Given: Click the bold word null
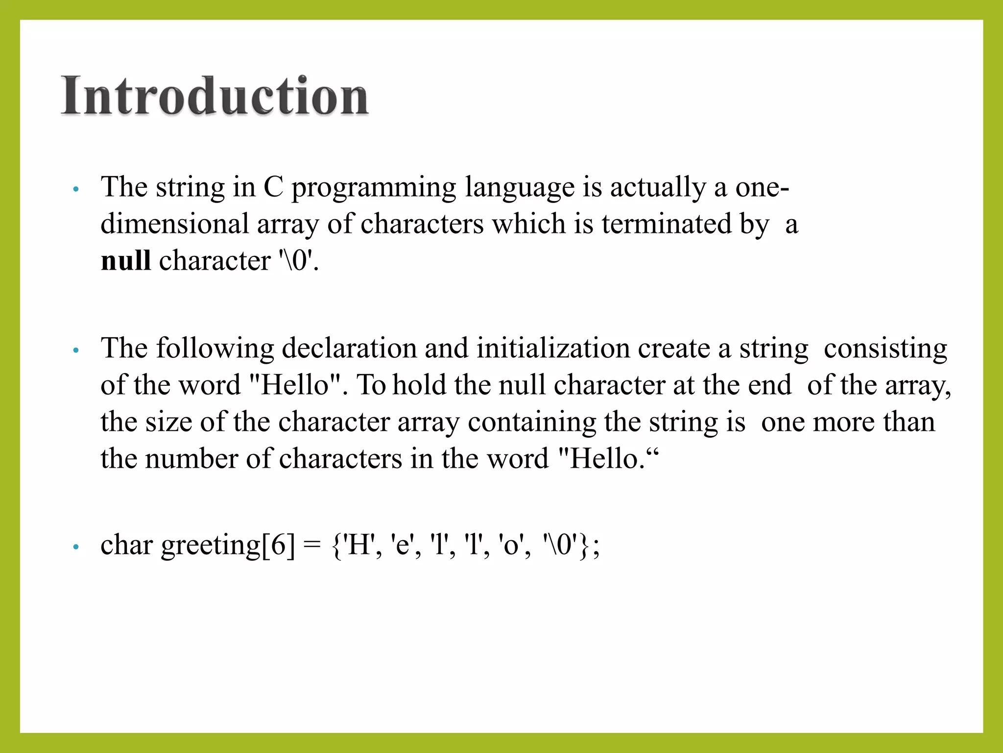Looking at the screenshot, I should [125, 260].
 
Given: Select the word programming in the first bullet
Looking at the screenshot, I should [374, 188].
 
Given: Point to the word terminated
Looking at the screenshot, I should [667, 224].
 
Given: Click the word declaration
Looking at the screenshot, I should [349, 349].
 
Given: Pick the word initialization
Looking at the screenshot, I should [553, 349].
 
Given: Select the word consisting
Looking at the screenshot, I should [885, 349].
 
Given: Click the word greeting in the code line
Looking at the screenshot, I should [211, 545].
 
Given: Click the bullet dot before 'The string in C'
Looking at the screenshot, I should [75, 189].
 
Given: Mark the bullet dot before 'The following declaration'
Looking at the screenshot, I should [75, 351].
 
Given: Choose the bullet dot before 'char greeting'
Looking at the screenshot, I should [75, 547].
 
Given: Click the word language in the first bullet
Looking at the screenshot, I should [519, 188].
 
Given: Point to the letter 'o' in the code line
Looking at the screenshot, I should [510, 546].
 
